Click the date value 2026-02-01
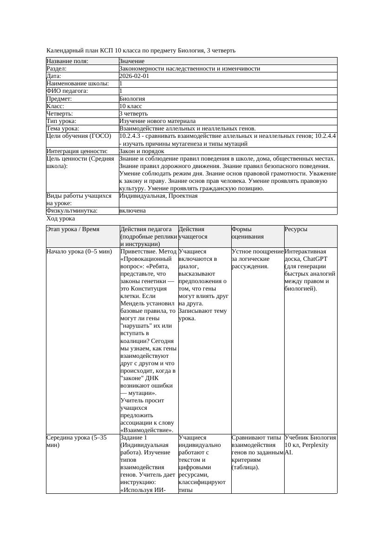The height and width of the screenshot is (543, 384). click(x=134, y=76)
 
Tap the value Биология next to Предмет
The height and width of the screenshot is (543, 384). click(x=132, y=98)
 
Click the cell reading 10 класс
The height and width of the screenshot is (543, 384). click(x=130, y=106)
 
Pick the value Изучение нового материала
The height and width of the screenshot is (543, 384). click(x=157, y=121)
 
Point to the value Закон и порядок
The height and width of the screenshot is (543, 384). click(x=142, y=151)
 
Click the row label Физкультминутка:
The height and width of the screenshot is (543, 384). click(x=72, y=210)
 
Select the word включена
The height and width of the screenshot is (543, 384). click(x=132, y=210)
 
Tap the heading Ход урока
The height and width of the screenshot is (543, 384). click(x=61, y=218)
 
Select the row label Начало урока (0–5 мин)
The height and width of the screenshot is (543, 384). click(x=79, y=251)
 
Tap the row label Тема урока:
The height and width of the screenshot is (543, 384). click(x=63, y=128)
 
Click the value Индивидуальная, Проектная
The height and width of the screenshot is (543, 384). click(x=158, y=195)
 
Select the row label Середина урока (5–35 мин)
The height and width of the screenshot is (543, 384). click(x=77, y=441)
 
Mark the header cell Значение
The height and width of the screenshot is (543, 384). click(x=132, y=61)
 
